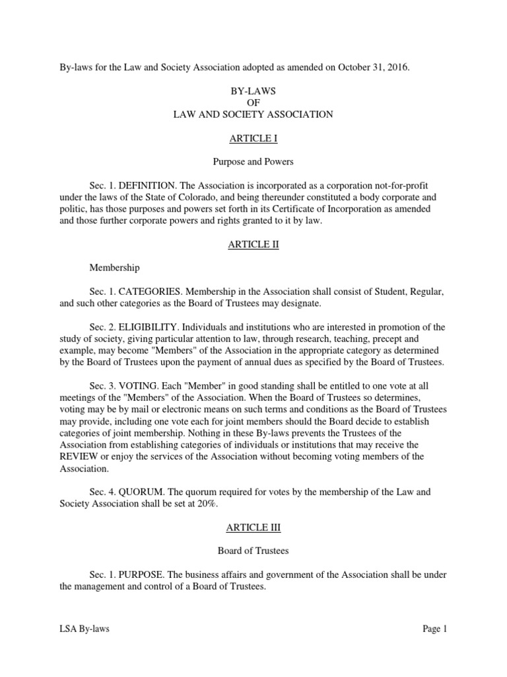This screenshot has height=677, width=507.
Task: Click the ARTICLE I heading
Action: (x=253, y=138)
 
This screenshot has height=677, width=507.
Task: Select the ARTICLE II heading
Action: (x=253, y=244)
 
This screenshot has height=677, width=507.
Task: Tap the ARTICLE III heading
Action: (x=253, y=528)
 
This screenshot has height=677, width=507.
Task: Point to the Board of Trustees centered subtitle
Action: (x=253, y=550)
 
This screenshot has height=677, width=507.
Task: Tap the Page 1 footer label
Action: (x=435, y=629)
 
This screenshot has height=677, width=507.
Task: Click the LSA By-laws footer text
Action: (x=84, y=629)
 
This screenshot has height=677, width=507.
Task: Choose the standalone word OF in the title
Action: (x=253, y=102)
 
